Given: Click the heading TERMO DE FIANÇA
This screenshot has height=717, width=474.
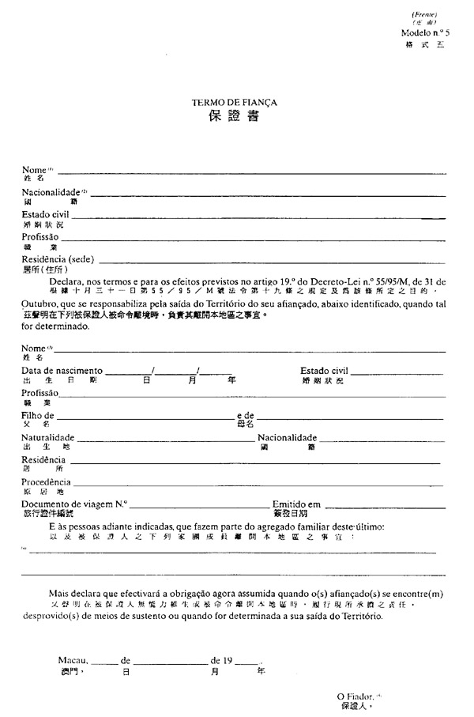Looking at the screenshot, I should pyautogui.click(x=235, y=103).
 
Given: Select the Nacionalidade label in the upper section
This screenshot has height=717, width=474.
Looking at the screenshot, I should pyautogui.click(x=51, y=192).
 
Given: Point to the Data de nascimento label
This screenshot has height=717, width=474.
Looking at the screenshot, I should pyautogui.click(x=62, y=370).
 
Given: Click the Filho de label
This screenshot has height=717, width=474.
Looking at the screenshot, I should pyautogui.click(x=38, y=415).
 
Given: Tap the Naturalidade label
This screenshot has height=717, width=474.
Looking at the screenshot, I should pyautogui.click(x=48, y=437).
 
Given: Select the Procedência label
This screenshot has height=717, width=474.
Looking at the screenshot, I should pyautogui.click(x=46, y=481).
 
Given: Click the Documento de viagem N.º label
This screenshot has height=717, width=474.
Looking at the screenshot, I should pyautogui.click(x=74, y=504).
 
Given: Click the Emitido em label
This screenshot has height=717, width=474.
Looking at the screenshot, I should pyautogui.click(x=296, y=504).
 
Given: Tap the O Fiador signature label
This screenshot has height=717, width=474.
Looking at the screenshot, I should pyautogui.click(x=354, y=696).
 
